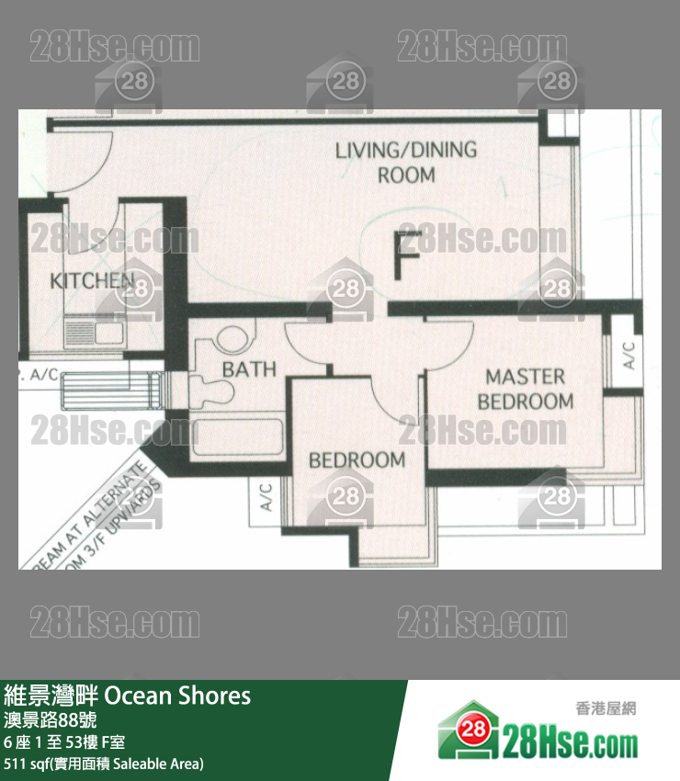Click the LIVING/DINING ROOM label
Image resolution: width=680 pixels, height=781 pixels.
pos(406,162)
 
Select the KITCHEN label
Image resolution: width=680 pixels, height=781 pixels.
pos(92,281)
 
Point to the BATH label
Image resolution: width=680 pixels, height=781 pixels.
pos(249,369)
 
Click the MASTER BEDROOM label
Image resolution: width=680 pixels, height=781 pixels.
pos(525,389)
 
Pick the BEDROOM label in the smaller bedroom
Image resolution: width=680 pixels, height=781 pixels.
pos(357,459)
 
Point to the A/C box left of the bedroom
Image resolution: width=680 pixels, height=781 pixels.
pos(266,497)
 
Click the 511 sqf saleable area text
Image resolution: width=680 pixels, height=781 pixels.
pos(104,764)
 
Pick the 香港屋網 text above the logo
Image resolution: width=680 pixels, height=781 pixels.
pos(605,708)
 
